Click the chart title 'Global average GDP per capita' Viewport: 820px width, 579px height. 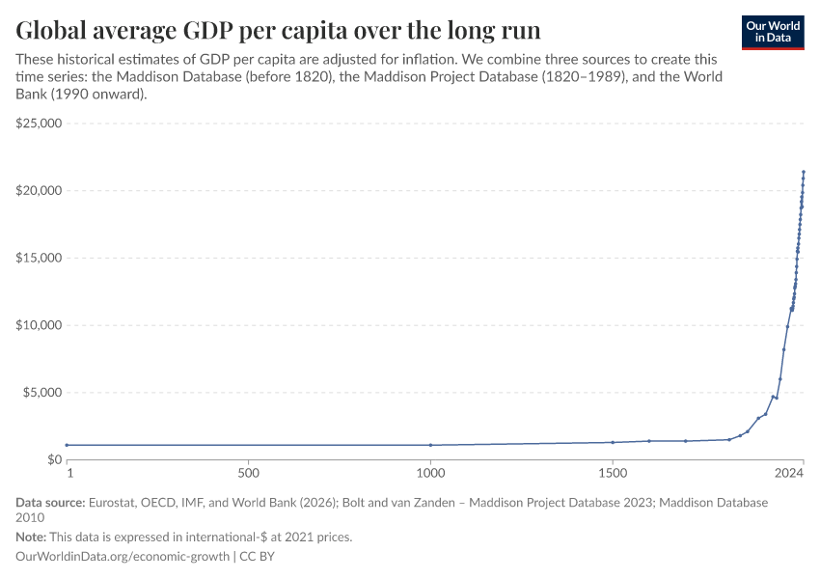[278, 26]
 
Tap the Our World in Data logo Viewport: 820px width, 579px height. [772, 32]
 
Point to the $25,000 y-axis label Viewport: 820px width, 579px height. [39, 124]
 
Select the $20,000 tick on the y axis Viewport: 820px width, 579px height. [39, 191]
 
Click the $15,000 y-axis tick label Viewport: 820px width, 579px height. [39, 258]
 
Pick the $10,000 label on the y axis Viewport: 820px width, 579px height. [39, 325]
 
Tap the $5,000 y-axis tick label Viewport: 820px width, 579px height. [41, 393]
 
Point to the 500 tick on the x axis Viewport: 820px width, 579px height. [248, 474]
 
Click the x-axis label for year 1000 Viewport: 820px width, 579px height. [430, 474]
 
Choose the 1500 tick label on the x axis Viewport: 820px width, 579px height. [613, 474]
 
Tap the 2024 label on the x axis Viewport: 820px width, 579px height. [789, 474]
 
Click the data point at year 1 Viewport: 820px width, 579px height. [67, 445]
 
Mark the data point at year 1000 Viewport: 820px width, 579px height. [430, 445]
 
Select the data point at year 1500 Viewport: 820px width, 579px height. [613, 442]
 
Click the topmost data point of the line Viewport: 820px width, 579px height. [804, 172]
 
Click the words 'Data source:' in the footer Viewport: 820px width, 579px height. [50, 503]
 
